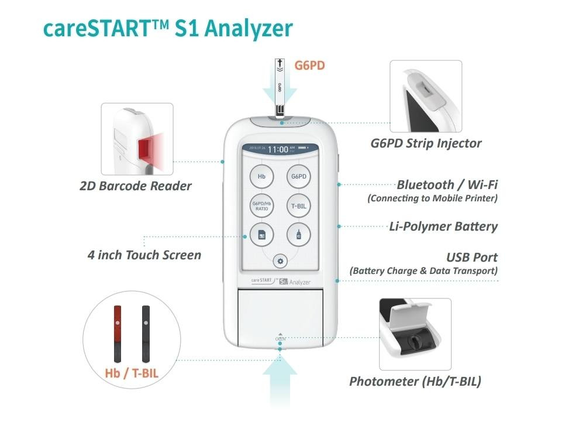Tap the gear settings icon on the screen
pos(280,261)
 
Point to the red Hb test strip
pos(118,333)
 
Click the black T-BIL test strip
pos(146,333)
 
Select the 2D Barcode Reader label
pos(136,186)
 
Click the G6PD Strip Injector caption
pos(426,143)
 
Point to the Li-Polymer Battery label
pos(443,227)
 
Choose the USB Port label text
pos(471,258)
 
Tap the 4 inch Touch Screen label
pos(144,255)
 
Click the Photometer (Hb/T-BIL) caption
pos(415,382)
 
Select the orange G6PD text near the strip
pos(309,65)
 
